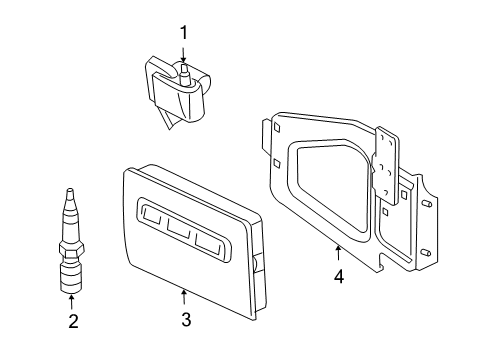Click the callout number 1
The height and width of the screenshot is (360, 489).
coord(183,33)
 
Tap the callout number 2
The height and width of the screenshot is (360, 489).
coord(72,321)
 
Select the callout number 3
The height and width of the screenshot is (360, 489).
coord(184,320)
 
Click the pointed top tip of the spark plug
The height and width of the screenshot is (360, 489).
coord(69,192)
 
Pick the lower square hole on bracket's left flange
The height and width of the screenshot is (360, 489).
coord(275,163)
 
